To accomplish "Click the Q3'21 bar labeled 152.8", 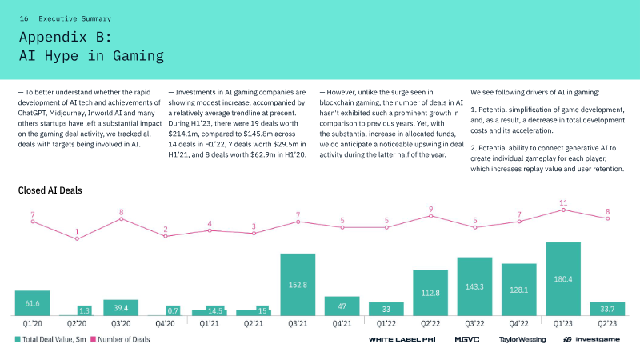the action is [x=298, y=285].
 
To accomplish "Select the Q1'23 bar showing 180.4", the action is [x=563, y=278].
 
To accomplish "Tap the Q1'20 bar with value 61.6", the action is [x=32, y=303].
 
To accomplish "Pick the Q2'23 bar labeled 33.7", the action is [x=607, y=309].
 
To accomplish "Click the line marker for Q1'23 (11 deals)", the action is [x=563, y=210].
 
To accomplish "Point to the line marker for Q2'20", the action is [x=77, y=238].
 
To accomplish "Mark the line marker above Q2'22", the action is [x=430, y=216].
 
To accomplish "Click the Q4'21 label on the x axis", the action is [x=342, y=324].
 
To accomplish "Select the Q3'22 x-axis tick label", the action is [x=474, y=324].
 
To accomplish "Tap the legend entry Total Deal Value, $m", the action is [x=50, y=339].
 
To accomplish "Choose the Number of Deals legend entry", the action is [x=120, y=339].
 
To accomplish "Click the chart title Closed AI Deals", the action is [x=50, y=190].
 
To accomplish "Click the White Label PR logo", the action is [x=402, y=339].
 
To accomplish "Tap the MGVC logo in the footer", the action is [x=467, y=339].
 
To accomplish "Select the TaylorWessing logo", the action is [x=522, y=339].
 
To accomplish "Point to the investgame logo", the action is [x=591, y=339].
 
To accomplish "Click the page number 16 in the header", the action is [x=24, y=18].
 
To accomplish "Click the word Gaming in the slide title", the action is [x=138, y=55].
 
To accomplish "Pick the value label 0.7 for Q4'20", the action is [x=173, y=311].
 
